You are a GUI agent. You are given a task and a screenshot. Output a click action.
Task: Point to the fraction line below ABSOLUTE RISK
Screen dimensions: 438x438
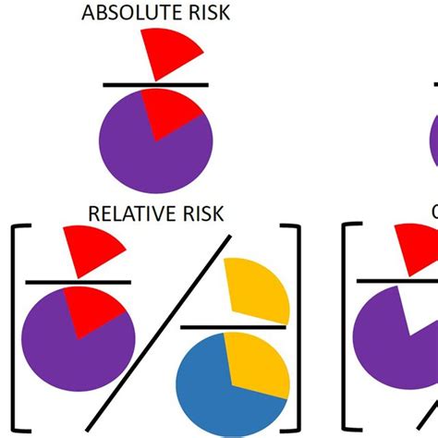(x=154, y=85)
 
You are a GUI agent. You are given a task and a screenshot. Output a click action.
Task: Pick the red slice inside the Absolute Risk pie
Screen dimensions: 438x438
(x=173, y=112)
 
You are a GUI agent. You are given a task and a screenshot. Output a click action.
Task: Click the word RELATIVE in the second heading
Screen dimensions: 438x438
(x=126, y=213)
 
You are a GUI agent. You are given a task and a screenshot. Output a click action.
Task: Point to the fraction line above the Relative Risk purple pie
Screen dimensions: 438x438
(x=79, y=282)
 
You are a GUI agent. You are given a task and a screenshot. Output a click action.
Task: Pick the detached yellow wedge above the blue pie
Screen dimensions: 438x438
(x=258, y=291)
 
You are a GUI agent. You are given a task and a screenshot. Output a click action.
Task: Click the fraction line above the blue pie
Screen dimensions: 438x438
(x=235, y=326)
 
